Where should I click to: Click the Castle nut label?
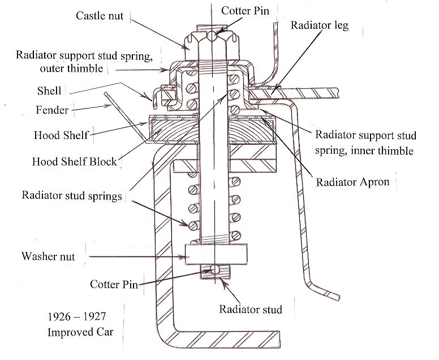point(99,15)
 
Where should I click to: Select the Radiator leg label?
point(320,25)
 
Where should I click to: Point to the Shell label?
point(49,90)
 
